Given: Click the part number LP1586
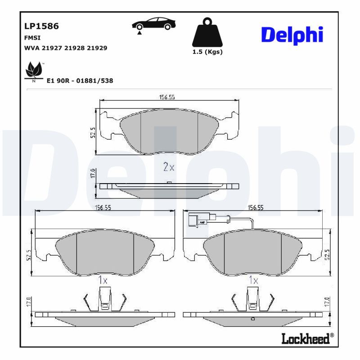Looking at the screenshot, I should click(x=41, y=27).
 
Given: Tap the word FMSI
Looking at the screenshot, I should click(x=32, y=38).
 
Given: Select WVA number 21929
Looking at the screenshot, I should click(x=97, y=48).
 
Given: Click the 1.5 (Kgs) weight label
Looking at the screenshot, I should click(x=207, y=52).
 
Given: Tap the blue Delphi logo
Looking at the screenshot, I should click(x=292, y=35).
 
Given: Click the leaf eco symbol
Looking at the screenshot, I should click(x=33, y=70).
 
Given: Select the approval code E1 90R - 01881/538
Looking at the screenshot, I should click(x=80, y=81).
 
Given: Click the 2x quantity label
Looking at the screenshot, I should click(x=168, y=167).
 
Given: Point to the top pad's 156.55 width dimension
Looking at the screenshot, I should click(x=167, y=97).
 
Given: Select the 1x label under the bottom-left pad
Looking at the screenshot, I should click(x=103, y=280).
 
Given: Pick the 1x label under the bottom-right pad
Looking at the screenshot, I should click(x=253, y=280).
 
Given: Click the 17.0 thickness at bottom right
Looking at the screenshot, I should click(x=328, y=301).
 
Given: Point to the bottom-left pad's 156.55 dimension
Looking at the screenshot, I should click(x=103, y=207).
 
